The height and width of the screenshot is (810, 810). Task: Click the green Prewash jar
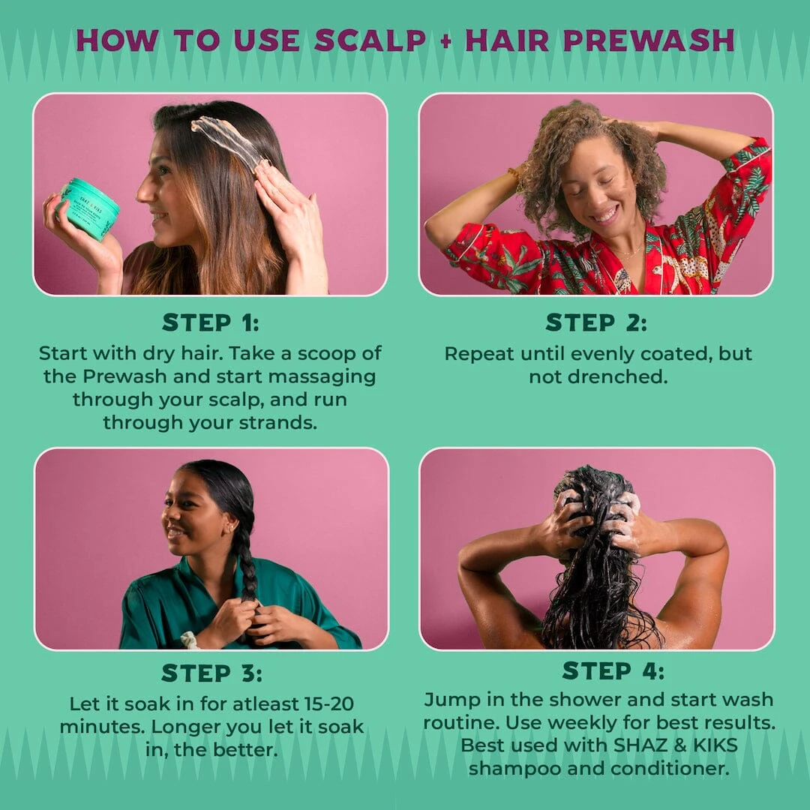click(88, 209)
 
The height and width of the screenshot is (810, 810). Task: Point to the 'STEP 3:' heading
click(212, 673)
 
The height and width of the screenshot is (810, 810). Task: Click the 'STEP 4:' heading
click(613, 670)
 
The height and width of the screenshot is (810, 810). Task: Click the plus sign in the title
click(446, 41)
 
